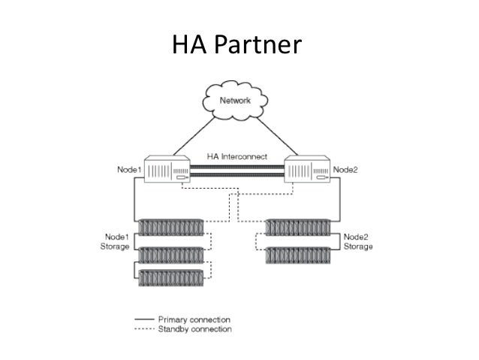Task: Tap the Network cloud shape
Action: click(x=236, y=100)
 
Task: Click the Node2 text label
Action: click(x=345, y=170)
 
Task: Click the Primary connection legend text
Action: click(x=194, y=319)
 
